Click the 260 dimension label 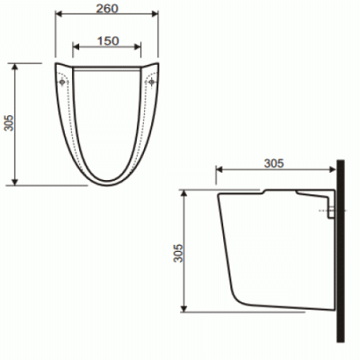107,9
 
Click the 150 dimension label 108,41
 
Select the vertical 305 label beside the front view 8,123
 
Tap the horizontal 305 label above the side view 274,163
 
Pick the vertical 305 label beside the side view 178,253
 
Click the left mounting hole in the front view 62,82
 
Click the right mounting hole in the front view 151,82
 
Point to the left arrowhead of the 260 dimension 58,14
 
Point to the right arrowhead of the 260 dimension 154,14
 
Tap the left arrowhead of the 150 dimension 76,47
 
